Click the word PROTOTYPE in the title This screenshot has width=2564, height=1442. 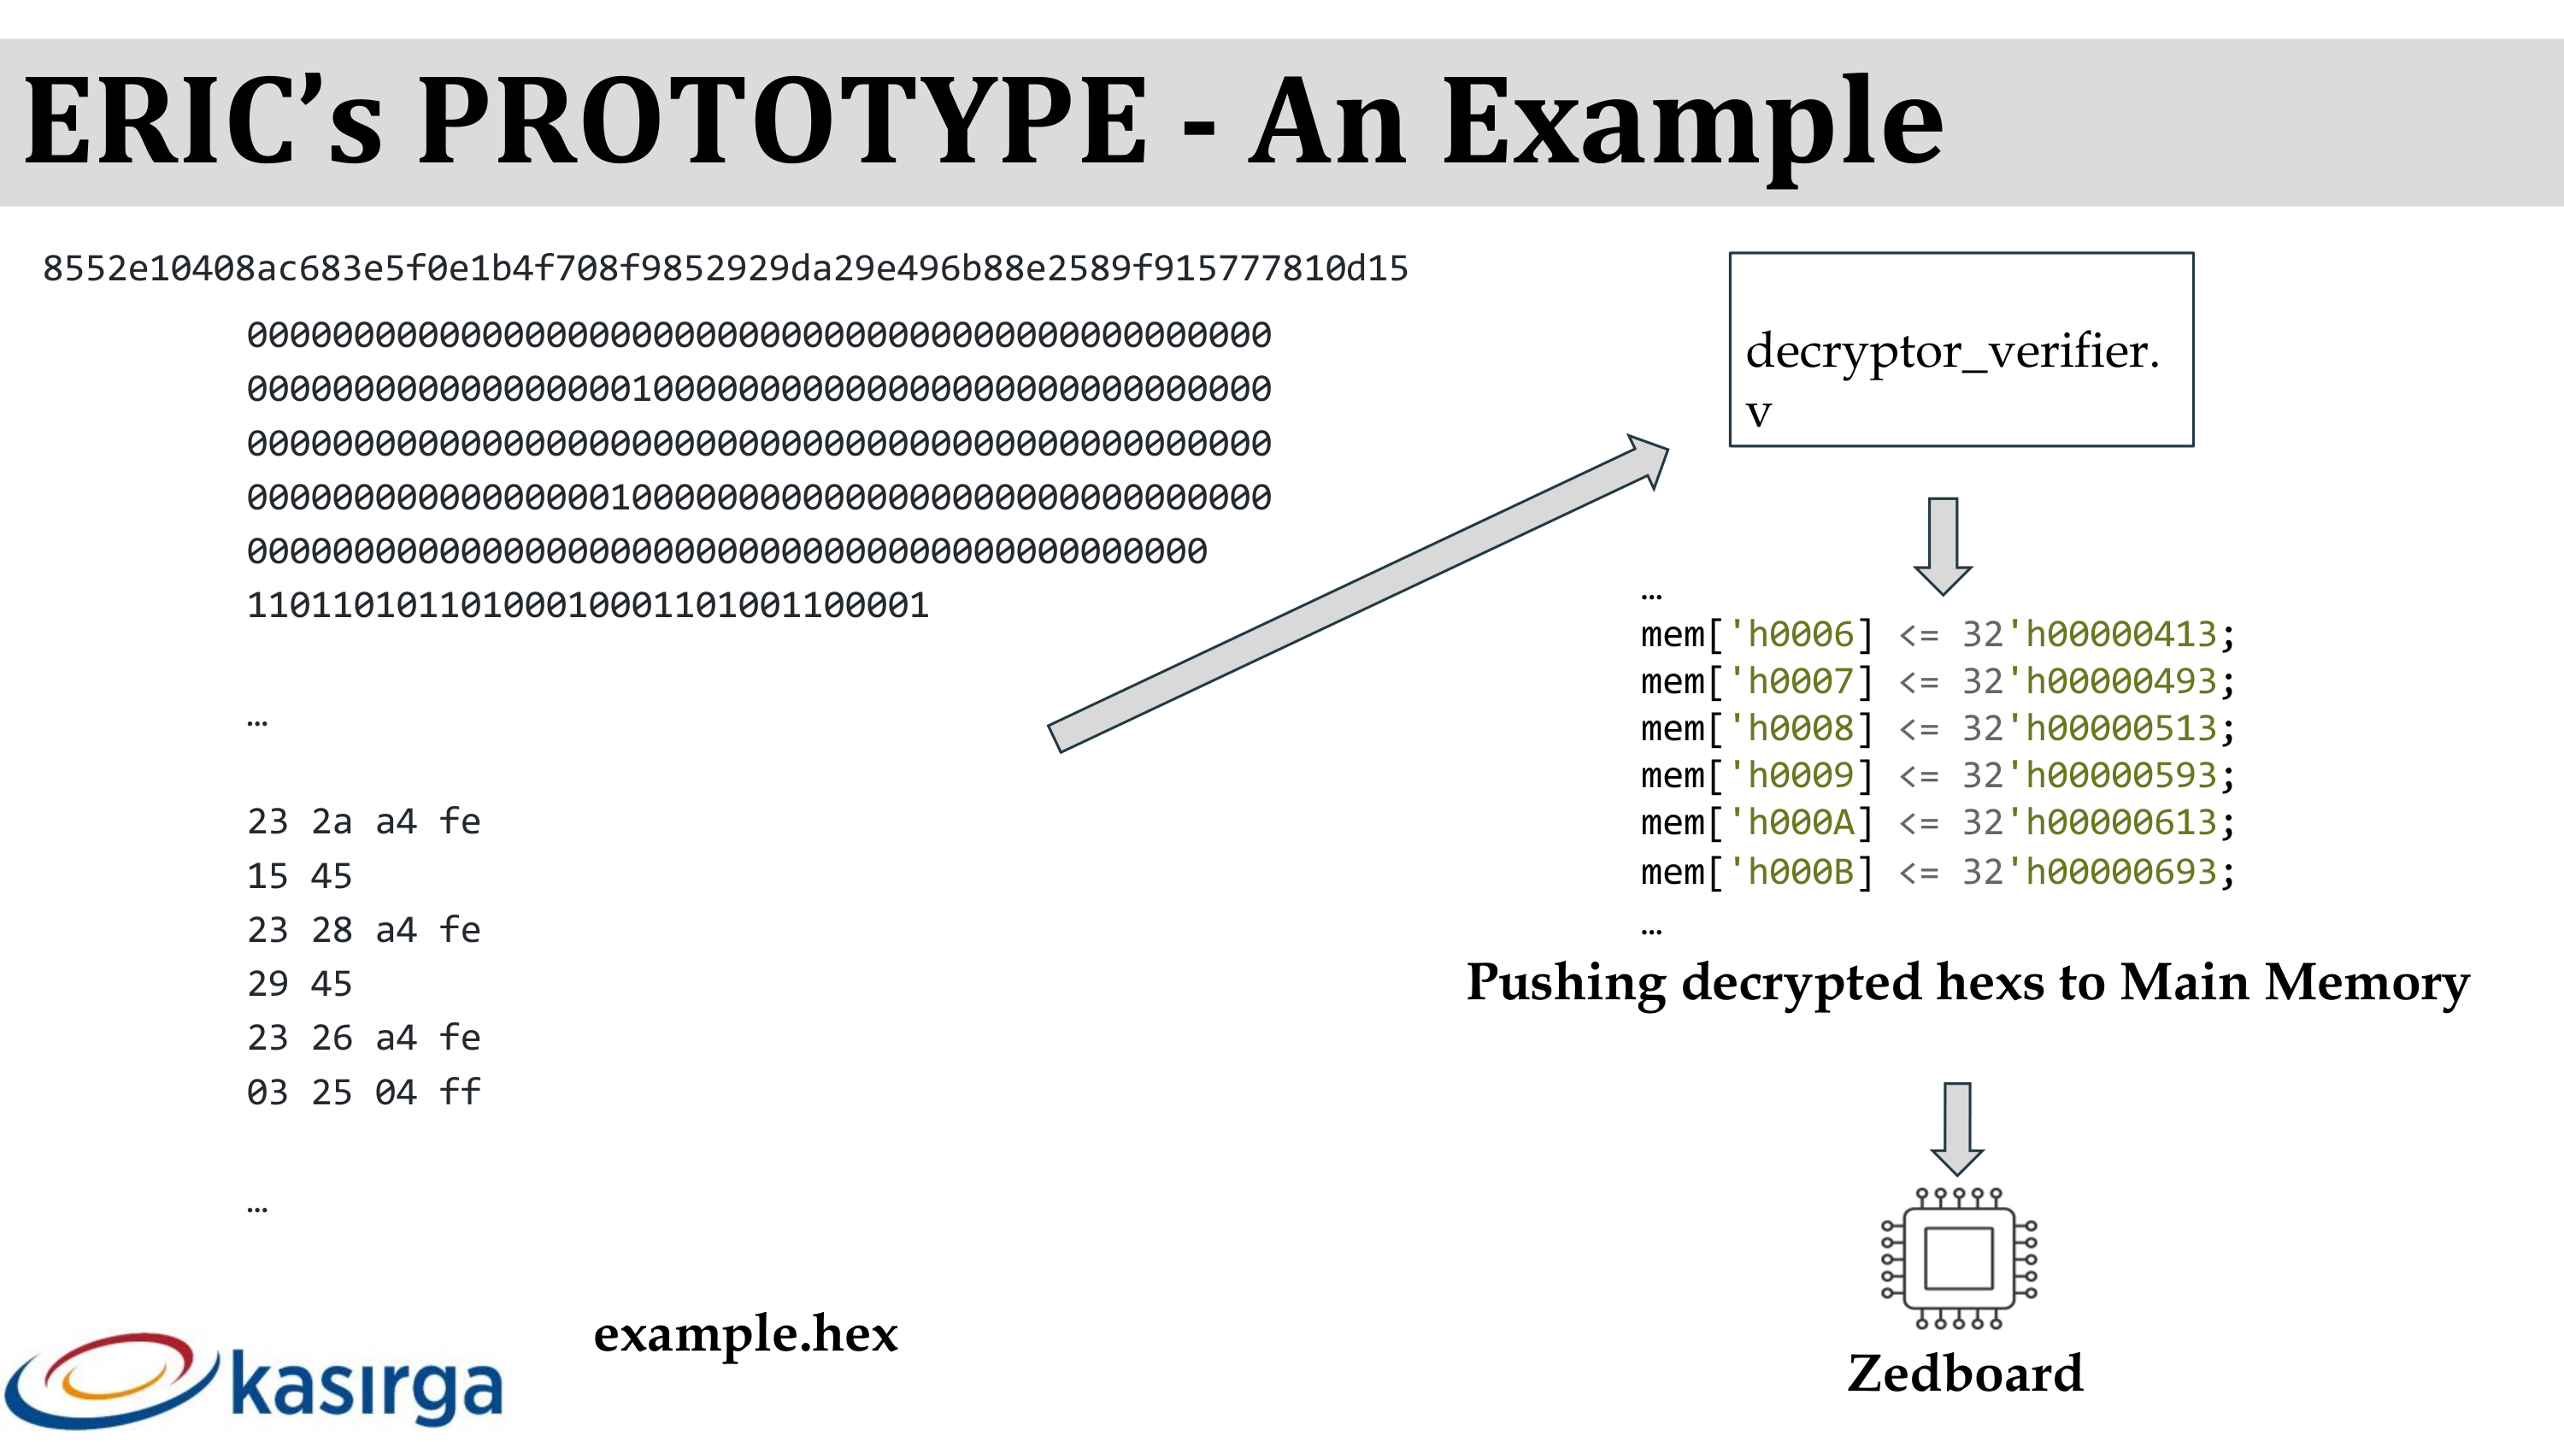[782, 121]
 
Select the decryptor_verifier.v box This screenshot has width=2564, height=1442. [1961, 350]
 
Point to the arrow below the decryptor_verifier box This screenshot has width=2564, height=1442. [1943, 544]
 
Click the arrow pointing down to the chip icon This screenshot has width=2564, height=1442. [1957, 1127]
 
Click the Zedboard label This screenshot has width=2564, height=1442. [1965, 1374]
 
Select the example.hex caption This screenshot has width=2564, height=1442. [745, 1333]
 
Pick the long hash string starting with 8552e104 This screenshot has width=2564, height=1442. [725, 268]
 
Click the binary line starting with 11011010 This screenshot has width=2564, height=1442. [587, 605]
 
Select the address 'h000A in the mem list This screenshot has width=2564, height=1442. [1800, 822]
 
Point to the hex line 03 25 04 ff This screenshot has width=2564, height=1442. [363, 1092]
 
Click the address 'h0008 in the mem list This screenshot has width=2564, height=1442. [1800, 728]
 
